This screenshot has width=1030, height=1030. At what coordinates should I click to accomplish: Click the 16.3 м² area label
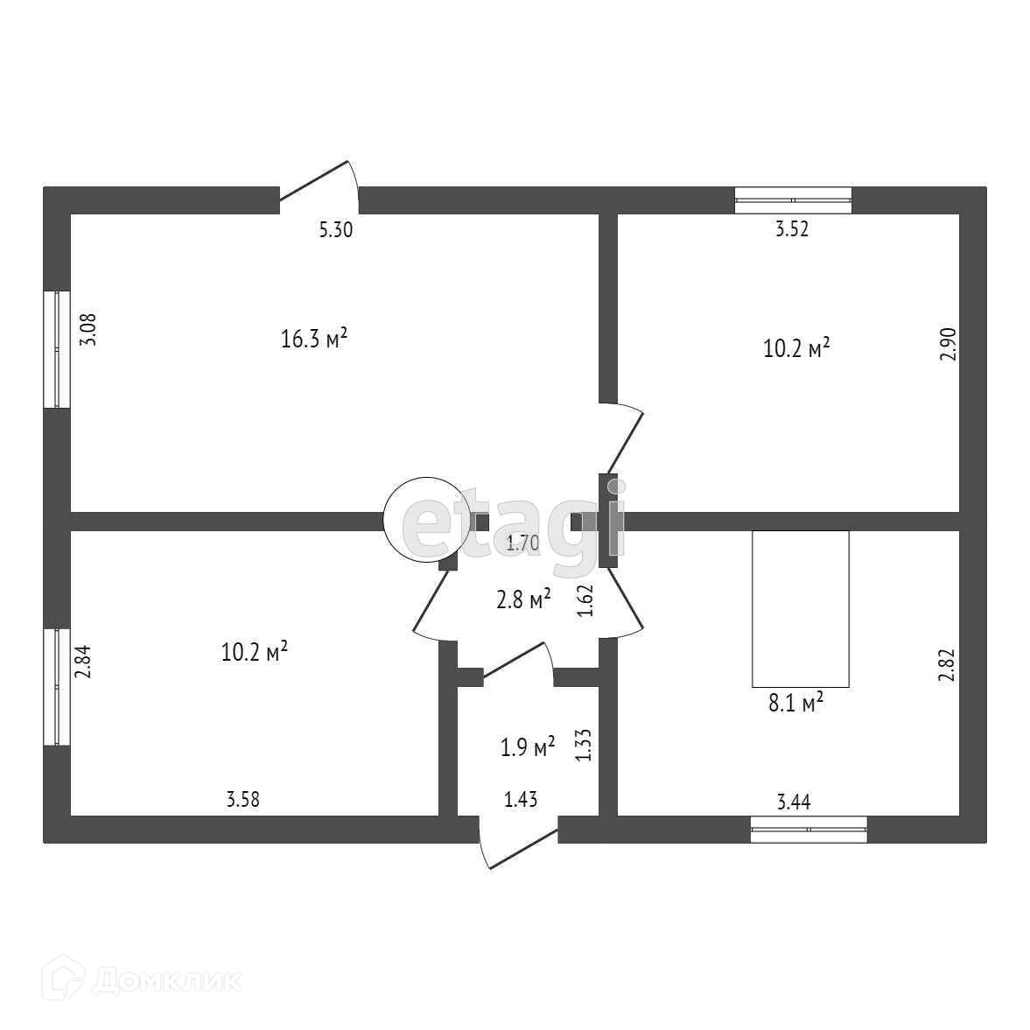[315, 339]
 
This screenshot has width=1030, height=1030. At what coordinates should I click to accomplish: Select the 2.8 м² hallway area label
[523, 599]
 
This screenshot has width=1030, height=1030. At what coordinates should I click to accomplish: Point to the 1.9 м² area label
[528, 748]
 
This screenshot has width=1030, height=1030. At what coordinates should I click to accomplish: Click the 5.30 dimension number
[335, 230]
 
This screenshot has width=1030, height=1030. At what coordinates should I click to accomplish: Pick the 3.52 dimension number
[792, 230]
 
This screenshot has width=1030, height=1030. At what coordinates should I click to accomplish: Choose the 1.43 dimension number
[520, 798]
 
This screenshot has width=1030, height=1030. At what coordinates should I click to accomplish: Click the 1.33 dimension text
[585, 745]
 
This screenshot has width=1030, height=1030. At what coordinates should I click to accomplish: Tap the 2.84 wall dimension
[83, 662]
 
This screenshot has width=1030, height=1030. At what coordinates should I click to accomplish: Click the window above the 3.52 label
[793, 200]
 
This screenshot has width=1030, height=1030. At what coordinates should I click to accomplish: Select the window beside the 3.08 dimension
[57, 348]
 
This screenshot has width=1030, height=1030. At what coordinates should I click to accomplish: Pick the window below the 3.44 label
[809, 829]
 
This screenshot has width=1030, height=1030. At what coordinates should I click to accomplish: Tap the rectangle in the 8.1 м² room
[801, 608]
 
